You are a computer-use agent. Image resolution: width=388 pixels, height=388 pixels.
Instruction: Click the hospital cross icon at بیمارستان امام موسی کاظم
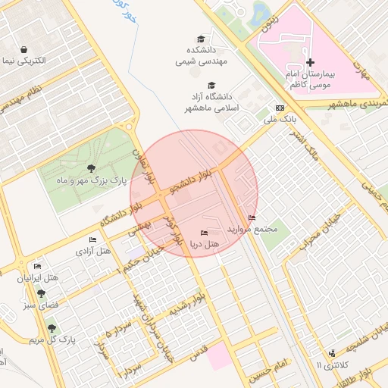pos(309,61)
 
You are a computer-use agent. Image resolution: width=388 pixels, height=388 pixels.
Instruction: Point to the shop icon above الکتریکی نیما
pos(27,48)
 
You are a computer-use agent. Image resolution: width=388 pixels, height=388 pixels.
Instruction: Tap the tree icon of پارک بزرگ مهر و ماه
pos(91,168)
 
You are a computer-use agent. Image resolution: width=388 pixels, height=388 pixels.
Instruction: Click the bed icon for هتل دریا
pos(203,233)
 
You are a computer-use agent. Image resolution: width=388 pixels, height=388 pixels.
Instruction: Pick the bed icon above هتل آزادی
pos(92,239)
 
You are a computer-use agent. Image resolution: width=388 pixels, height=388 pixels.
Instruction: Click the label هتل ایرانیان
pos(37,278)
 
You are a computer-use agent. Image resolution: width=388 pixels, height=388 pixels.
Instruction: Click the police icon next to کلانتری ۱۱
pos(332,353)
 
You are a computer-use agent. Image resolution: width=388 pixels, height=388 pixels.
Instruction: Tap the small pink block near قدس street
pos(221,356)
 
